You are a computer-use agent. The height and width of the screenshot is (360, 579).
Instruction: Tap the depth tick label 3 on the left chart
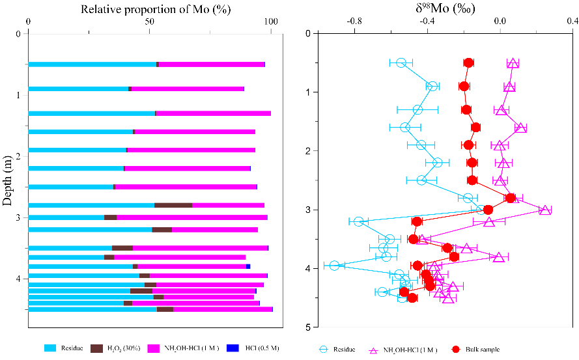(x=18, y=217)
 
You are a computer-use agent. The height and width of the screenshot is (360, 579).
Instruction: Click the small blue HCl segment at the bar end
(x=248, y=266)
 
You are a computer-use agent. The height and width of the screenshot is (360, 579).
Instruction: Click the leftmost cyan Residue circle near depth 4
(x=334, y=265)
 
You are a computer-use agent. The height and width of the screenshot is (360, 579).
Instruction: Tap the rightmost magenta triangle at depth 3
(x=545, y=210)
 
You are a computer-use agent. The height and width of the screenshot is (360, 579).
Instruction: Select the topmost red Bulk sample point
(x=468, y=62)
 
